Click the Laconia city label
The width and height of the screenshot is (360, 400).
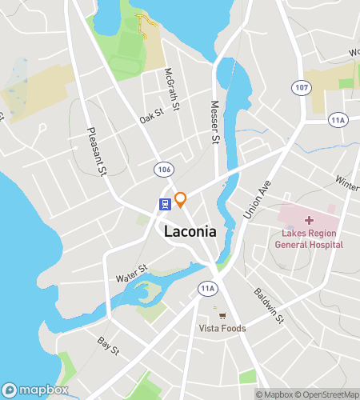pyautogui.click(x=190, y=231)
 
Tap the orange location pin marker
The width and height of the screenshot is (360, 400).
pyautogui.click(x=181, y=198)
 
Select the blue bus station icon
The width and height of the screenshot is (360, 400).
pyautogui.click(x=164, y=204)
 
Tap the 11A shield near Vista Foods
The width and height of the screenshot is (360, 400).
pyautogui.click(x=209, y=288)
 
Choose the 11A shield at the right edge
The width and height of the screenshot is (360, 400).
pyautogui.click(x=338, y=119)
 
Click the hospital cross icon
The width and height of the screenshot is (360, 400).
pyautogui.click(x=309, y=220)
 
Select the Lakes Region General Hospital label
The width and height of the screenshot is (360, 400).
pyautogui.click(x=309, y=239)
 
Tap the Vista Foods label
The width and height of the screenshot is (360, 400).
pyautogui.click(x=222, y=328)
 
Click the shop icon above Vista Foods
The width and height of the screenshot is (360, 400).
pyautogui.click(x=214, y=314)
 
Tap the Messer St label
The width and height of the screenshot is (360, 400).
pyautogui.click(x=214, y=122)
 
